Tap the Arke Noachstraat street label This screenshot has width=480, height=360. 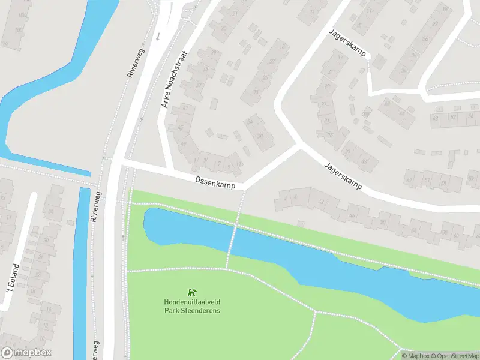(174, 79)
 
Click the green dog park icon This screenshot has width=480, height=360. (192, 292)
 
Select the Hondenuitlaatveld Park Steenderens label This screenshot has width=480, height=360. (192, 306)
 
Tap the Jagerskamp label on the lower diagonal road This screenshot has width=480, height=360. (343, 176)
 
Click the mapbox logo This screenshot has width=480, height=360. (26, 353)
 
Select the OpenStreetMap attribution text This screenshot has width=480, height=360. (454, 356)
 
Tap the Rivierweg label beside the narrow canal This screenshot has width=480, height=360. (95, 206)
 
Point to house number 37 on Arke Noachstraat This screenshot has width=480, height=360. (199, 85)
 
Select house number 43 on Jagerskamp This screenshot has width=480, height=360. (364, 161)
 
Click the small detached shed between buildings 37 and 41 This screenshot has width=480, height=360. (214, 104)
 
